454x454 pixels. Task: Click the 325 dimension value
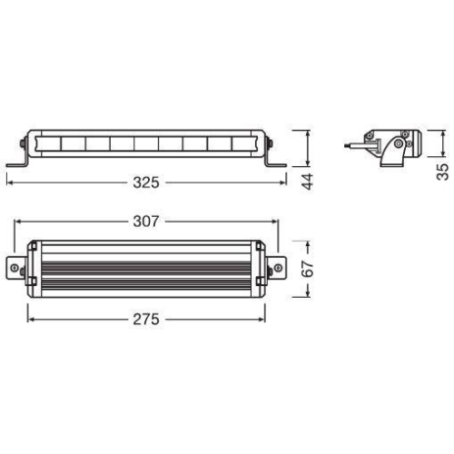[x=145, y=183]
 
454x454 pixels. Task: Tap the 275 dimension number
[x=145, y=319]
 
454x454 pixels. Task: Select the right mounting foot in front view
[x=272, y=163]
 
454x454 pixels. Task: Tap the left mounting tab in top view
[x=16, y=270]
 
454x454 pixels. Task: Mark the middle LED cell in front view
[x=146, y=143]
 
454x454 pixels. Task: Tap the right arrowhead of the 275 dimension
[x=262, y=319]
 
